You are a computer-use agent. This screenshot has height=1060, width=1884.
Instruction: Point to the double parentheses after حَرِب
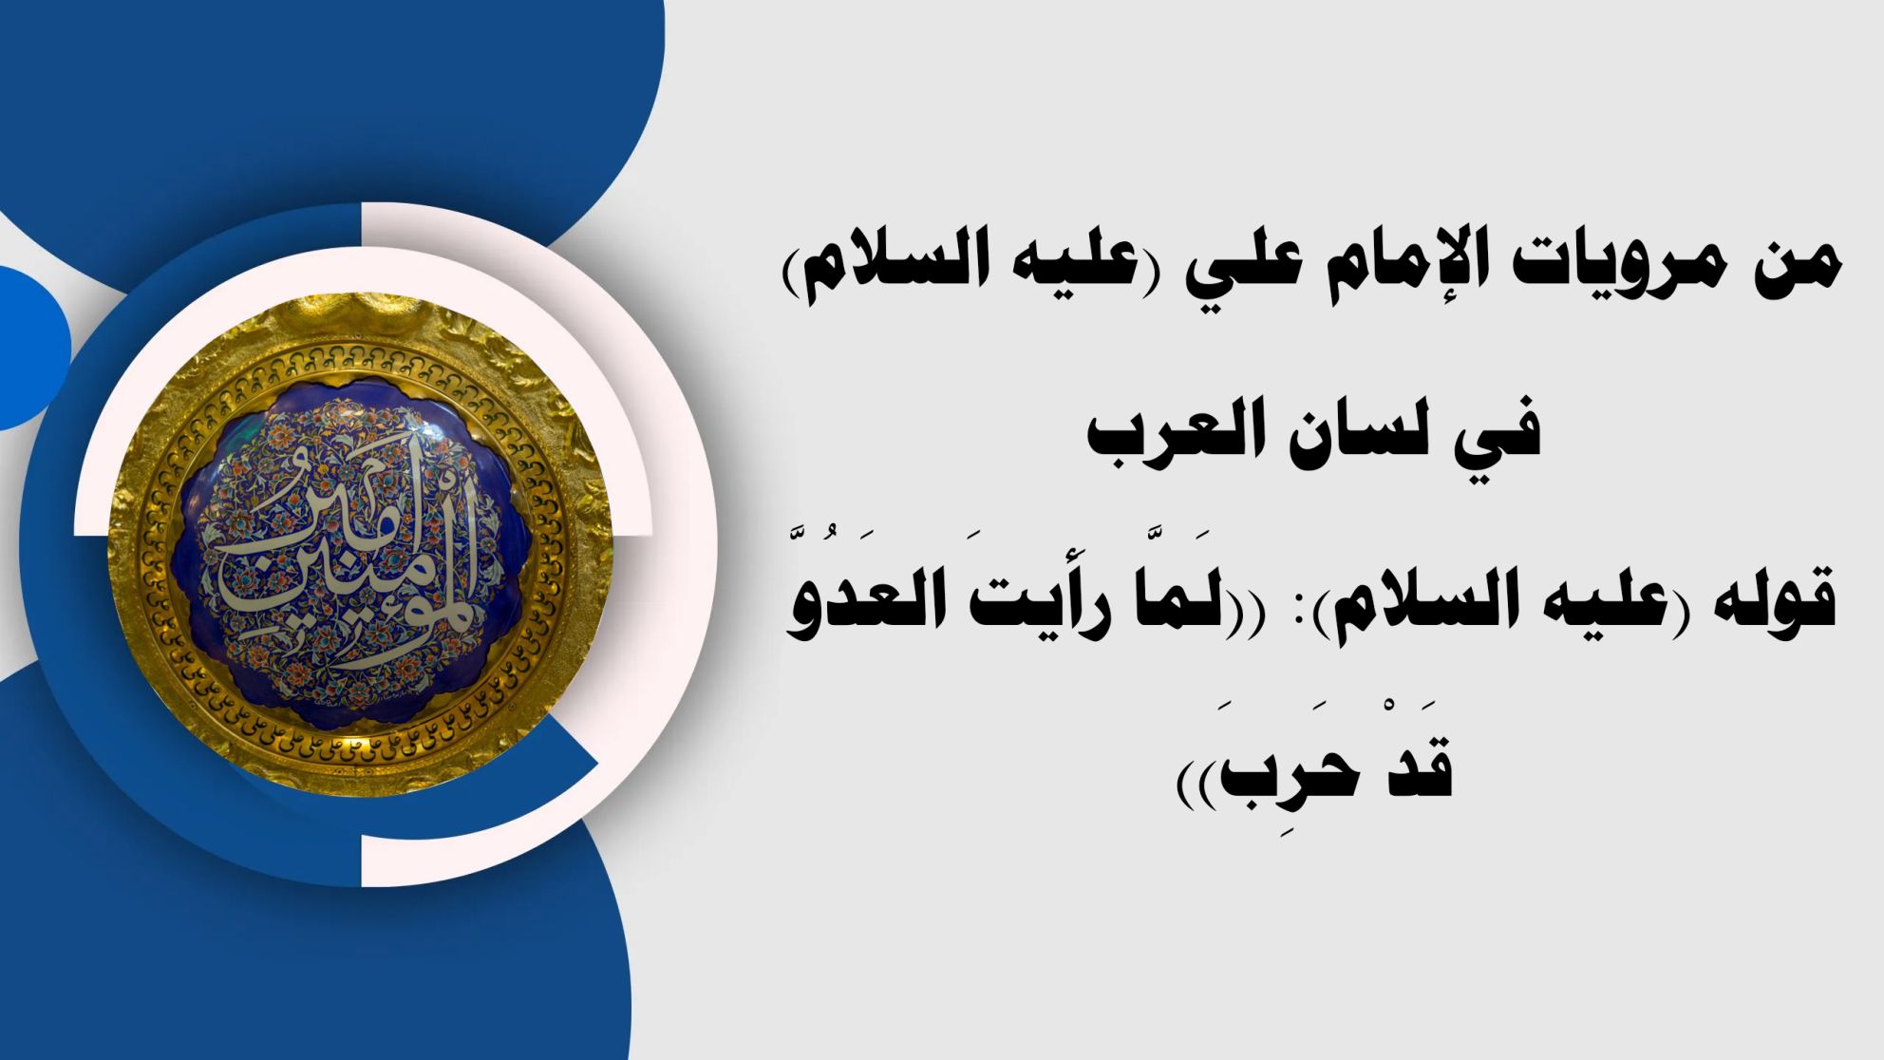click(x=1196, y=784)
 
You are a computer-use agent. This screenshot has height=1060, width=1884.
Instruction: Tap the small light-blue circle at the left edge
click(x=28, y=348)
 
